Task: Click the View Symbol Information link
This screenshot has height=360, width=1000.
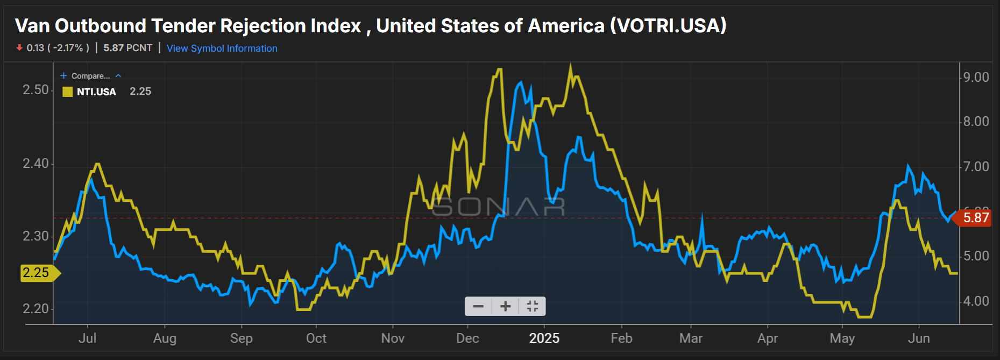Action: pyautogui.click(x=222, y=48)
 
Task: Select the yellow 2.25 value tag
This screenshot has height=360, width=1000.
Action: pyautogui.click(x=37, y=273)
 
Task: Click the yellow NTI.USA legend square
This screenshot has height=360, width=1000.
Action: pyautogui.click(x=67, y=92)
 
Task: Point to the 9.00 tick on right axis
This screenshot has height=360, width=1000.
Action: pyautogui.click(x=976, y=77)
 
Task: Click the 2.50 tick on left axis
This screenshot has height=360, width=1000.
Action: pyautogui.click(x=36, y=90)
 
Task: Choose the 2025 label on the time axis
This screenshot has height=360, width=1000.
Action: pyautogui.click(x=544, y=338)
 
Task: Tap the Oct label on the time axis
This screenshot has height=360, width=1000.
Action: pyautogui.click(x=316, y=338)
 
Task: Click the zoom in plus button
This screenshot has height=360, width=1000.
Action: pyautogui.click(x=505, y=307)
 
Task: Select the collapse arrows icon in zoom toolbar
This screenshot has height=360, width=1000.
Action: pyautogui.click(x=532, y=307)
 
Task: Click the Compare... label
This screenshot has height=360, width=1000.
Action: pyautogui.click(x=90, y=76)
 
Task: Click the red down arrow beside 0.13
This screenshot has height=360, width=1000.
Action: pyautogui.click(x=19, y=48)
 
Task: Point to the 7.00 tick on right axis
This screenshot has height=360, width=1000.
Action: pyautogui.click(x=976, y=167)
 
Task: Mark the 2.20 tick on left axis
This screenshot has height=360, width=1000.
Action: pyautogui.click(x=36, y=309)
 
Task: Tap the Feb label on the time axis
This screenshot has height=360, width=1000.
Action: pyautogui.click(x=621, y=338)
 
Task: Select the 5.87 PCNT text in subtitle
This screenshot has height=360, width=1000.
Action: pyautogui.click(x=127, y=48)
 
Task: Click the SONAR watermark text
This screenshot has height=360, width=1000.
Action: pyautogui.click(x=498, y=207)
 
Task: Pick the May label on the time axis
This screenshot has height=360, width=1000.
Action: pyautogui.click(x=842, y=338)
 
